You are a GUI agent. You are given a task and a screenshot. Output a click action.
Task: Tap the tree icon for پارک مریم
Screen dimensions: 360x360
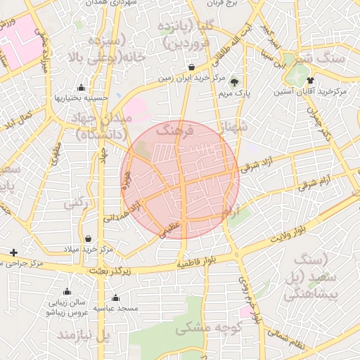pos(234,81)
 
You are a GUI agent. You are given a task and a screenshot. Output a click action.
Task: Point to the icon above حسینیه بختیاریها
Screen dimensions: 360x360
pos(82,88)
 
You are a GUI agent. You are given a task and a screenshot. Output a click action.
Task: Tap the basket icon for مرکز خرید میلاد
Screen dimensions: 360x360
pos(88,238)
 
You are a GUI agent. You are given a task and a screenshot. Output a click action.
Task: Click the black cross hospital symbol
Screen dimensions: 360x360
pos(13,252)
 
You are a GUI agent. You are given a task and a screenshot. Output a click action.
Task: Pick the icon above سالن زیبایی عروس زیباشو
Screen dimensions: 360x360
pos(67,291)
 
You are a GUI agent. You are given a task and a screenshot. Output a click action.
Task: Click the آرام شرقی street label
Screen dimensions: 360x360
pos(318,184)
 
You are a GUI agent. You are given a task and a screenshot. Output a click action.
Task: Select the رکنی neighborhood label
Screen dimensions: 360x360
pos(77,204)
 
